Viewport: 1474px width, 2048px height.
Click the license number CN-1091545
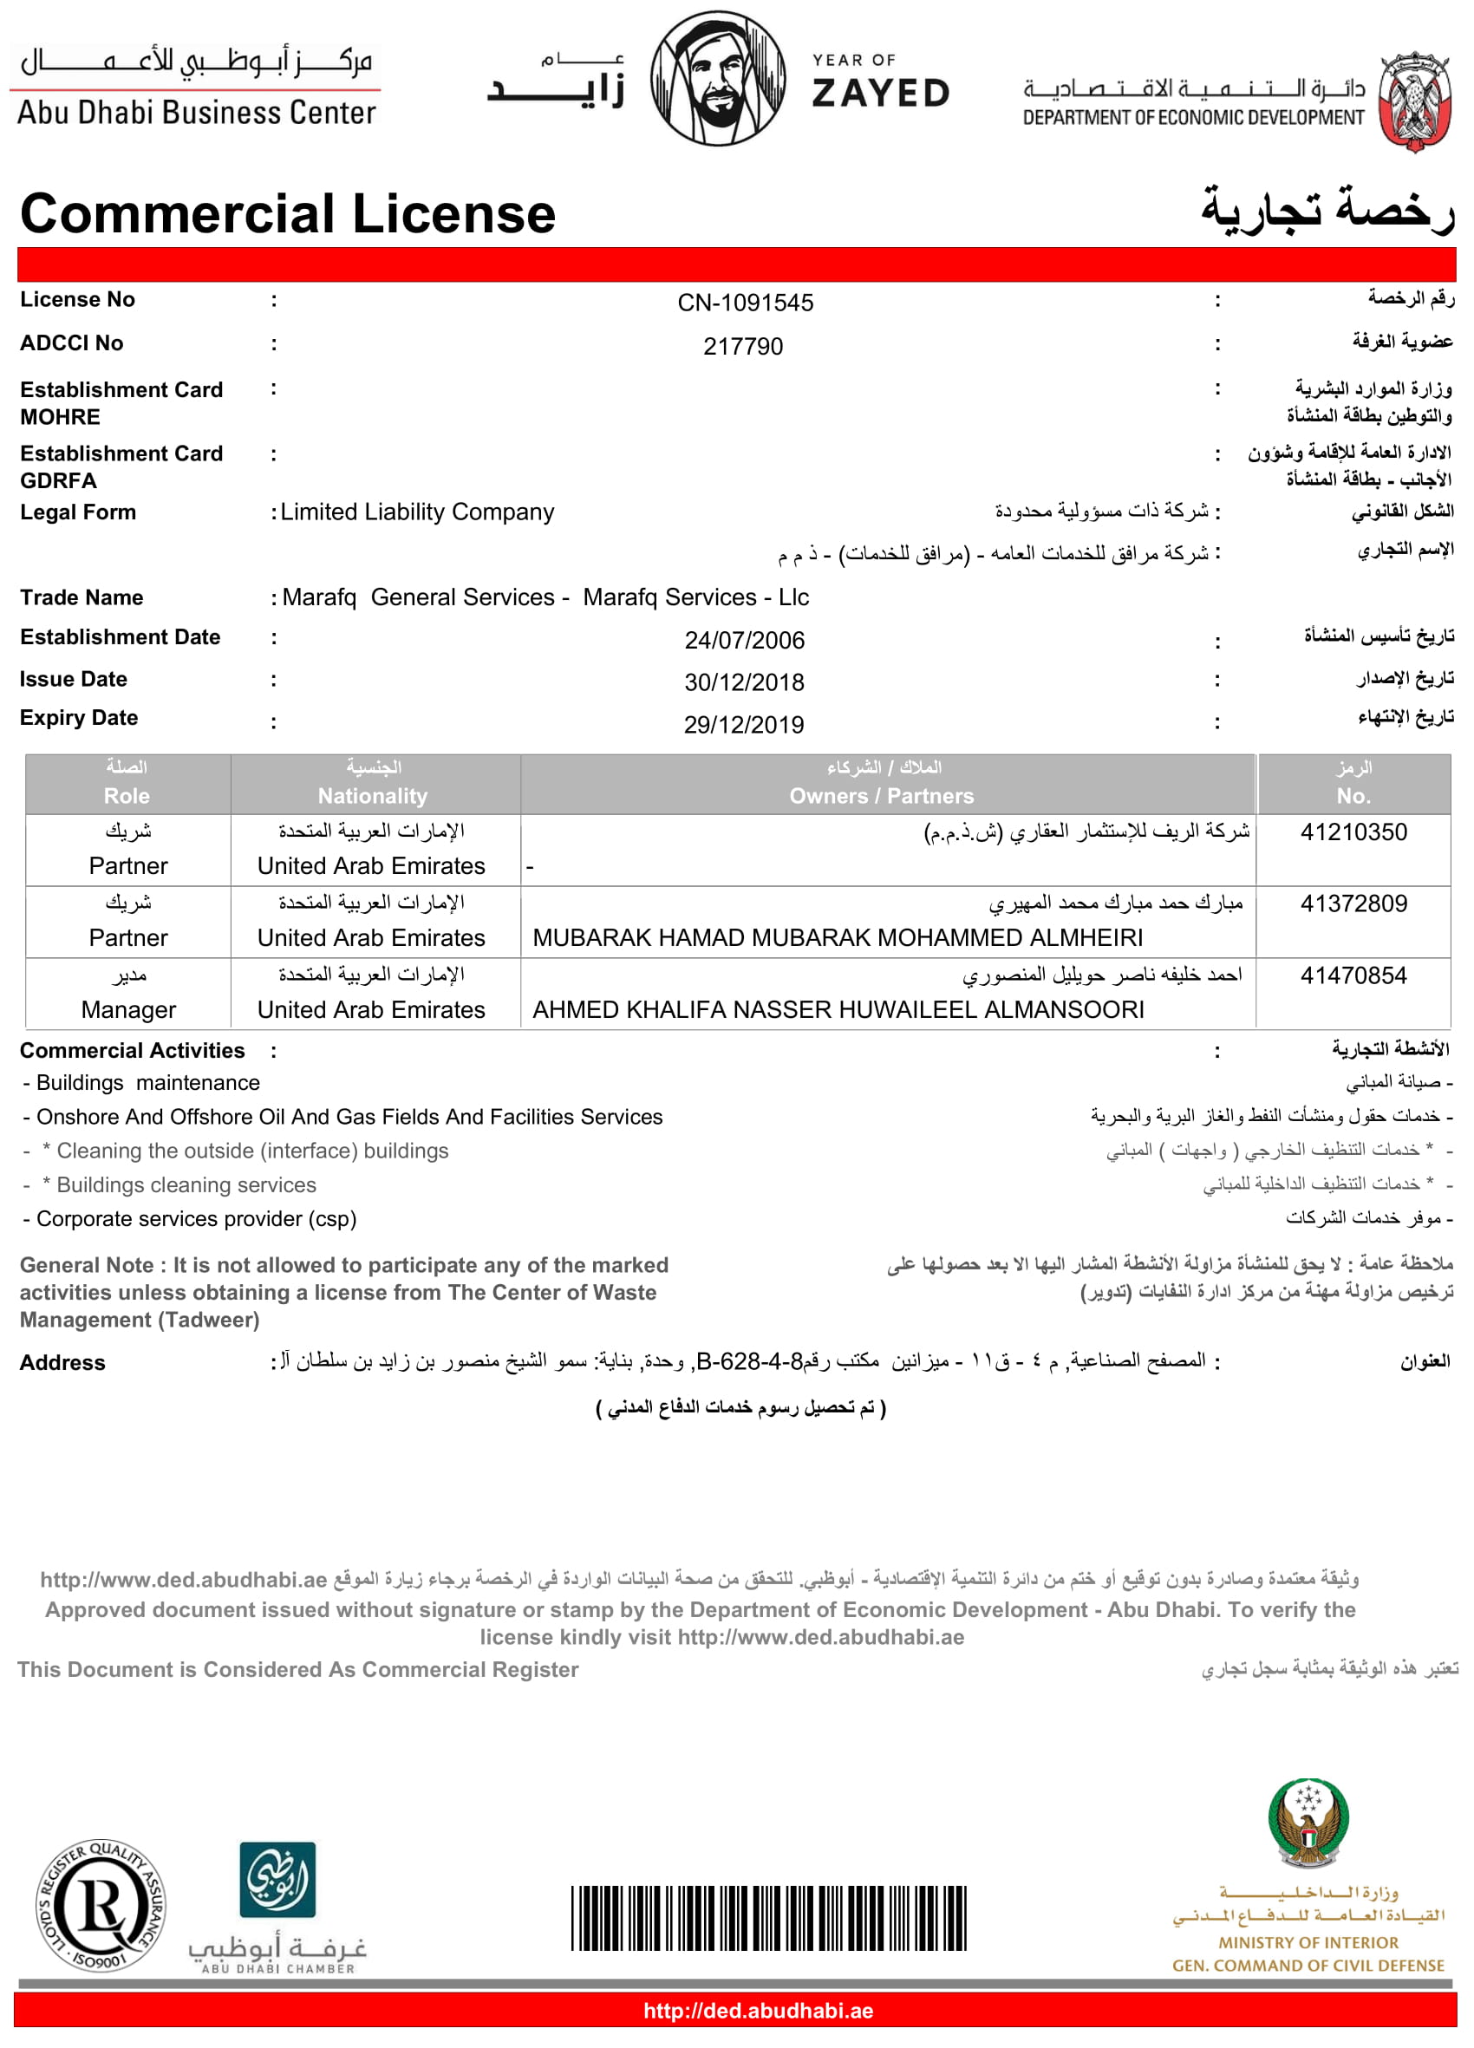coord(745,303)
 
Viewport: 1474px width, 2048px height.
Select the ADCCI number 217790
coord(742,346)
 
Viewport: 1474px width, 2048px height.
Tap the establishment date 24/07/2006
coord(744,640)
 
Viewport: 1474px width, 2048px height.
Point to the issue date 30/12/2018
coord(744,682)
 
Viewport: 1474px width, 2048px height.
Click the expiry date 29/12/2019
coord(743,724)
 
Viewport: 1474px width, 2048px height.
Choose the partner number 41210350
coord(1353,832)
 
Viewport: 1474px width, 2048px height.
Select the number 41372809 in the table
coord(1353,903)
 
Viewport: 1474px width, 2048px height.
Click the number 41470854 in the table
coord(1353,975)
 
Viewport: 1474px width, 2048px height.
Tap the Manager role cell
coord(128,1009)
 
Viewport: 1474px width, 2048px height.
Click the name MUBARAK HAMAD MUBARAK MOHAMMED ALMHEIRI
coord(838,937)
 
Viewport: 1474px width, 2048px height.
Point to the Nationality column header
coord(372,796)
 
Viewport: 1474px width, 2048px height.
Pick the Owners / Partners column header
coord(882,796)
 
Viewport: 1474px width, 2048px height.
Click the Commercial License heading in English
coord(287,214)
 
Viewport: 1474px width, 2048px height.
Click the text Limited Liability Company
coord(417,512)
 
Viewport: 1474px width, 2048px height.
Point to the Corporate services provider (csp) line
coord(196,1219)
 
